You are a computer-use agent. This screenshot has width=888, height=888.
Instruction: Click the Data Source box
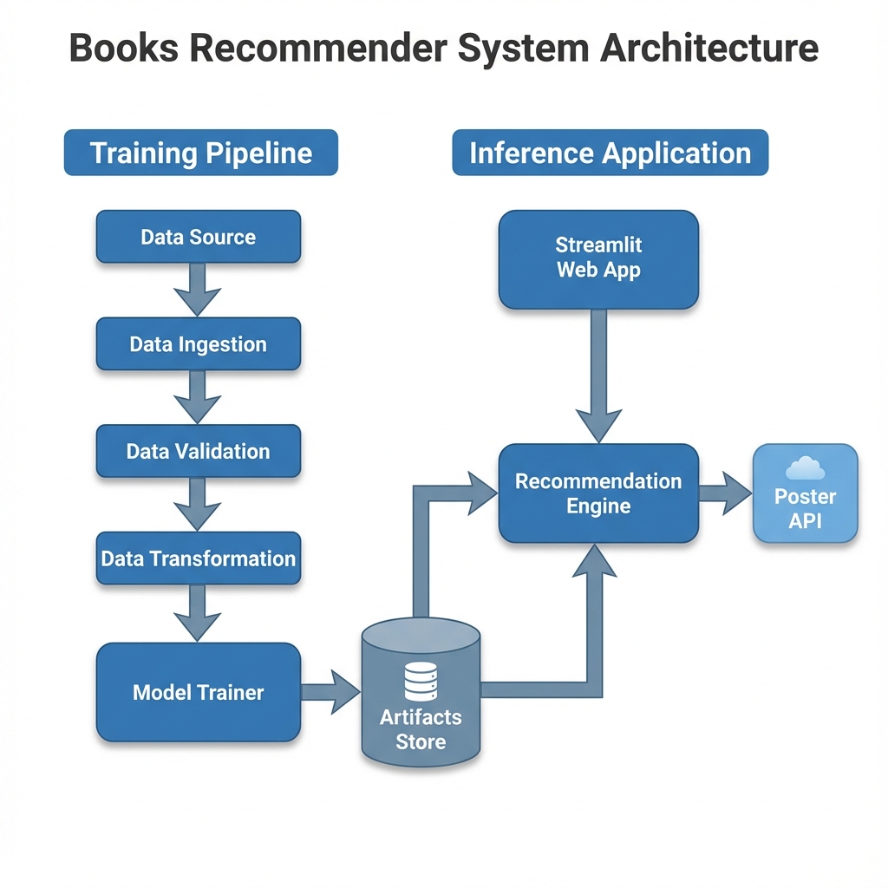tap(198, 237)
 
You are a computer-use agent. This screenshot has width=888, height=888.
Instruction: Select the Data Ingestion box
tap(198, 344)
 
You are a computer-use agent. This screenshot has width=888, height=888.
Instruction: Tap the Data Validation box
tap(198, 451)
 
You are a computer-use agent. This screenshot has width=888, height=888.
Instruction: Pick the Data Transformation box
tap(198, 558)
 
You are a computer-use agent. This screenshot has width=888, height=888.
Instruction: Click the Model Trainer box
tap(198, 692)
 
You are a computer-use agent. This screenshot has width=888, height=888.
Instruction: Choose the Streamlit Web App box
tap(598, 258)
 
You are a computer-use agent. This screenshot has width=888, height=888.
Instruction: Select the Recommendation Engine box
tap(598, 493)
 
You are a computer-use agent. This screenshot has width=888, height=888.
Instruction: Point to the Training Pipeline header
tap(200, 153)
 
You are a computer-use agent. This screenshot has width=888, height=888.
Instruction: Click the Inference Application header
tap(610, 153)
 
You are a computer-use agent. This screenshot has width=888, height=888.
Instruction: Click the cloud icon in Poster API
tap(805, 469)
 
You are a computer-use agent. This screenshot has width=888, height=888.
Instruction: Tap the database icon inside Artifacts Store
tap(421, 681)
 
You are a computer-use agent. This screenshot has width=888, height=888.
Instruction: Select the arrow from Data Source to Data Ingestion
tap(198, 290)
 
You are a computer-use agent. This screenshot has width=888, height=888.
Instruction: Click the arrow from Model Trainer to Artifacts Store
tap(330, 692)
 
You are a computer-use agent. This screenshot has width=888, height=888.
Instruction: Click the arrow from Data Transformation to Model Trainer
tap(198, 612)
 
